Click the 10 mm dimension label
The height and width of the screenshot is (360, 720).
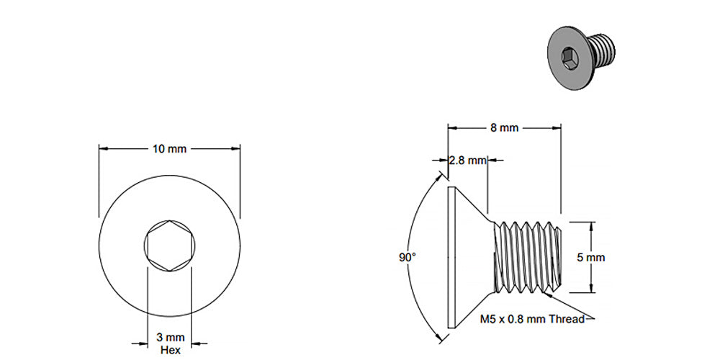tap(169, 149)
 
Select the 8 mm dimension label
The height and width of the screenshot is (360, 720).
tap(504, 128)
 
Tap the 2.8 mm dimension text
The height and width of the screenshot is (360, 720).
tap(467, 161)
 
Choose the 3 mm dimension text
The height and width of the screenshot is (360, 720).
tap(170, 337)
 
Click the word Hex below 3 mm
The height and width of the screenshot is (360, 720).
tap(170, 350)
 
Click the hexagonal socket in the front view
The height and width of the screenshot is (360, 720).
tap(169, 246)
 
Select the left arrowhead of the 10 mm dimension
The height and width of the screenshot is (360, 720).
tap(103, 149)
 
